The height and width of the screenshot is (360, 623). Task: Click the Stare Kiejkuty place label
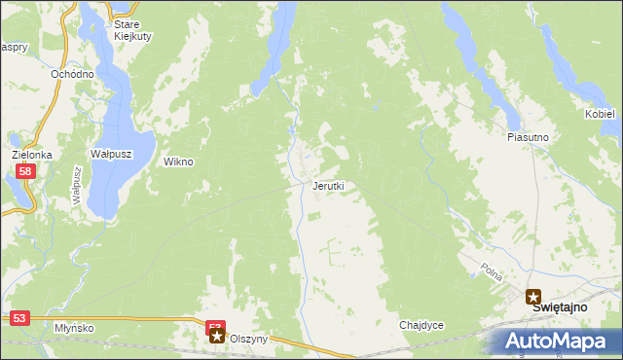127,30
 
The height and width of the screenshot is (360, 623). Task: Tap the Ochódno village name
72,74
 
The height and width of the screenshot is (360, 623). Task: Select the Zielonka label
31,155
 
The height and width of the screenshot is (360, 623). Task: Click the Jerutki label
328,185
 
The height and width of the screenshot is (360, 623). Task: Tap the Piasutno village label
529,138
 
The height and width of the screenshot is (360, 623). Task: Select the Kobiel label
601,114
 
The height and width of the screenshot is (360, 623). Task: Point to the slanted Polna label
492,271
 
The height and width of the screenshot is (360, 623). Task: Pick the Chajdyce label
421,325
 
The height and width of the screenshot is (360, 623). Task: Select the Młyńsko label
74,328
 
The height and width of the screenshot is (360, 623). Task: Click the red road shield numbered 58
26,171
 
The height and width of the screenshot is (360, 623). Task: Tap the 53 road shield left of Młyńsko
20,317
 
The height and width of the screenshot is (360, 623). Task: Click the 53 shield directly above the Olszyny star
215,327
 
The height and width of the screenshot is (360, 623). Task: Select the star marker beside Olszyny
216,337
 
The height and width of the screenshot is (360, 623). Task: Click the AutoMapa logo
553,342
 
